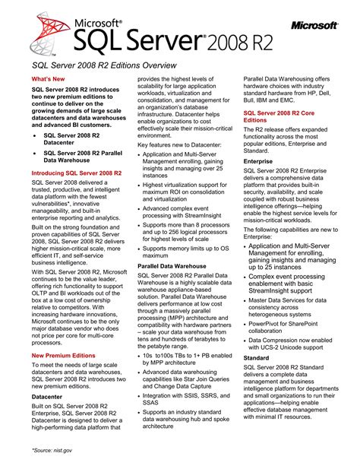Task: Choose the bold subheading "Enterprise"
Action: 260,162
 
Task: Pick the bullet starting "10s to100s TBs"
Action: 186,359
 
